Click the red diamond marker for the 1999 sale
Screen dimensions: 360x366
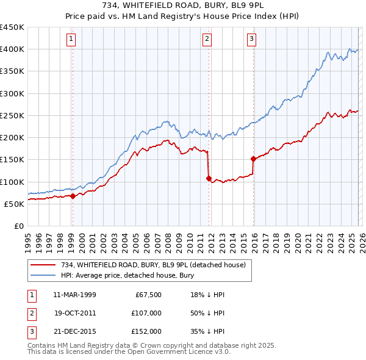click(x=73, y=196)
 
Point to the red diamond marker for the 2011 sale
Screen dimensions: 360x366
click(x=209, y=179)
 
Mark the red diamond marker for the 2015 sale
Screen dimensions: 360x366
click(x=253, y=159)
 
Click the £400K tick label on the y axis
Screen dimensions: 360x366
click(x=12, y=49)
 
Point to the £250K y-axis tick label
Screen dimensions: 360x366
click(x=12, y=115)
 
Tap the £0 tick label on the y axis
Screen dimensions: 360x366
click(x=18, y=226)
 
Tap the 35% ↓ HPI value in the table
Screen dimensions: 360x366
click(x=204, y=331)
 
